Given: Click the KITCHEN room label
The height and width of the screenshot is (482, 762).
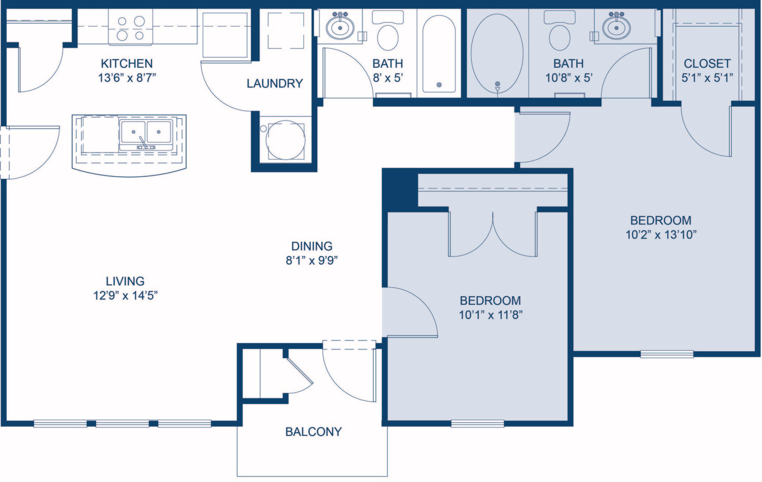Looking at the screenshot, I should point(127,64).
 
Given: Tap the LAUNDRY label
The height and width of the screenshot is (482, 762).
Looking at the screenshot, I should point(275,83).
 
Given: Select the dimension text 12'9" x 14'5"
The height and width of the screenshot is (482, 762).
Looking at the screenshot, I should point(125,296).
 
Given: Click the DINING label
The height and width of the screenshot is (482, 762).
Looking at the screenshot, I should point(312,246).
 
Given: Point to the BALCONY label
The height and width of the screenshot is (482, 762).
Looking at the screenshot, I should point(313,432).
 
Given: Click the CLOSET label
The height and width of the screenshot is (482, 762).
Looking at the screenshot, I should point(707,64).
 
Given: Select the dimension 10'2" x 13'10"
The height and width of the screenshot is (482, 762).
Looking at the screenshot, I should point(661,235).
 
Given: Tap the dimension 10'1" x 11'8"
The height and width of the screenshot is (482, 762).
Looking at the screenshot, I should point(491,315).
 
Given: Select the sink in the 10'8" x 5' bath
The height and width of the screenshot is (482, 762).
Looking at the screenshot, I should point(616,26).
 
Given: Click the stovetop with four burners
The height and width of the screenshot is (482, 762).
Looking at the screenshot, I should point(131,28).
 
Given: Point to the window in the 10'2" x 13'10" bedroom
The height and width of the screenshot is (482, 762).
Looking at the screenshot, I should point(667,354).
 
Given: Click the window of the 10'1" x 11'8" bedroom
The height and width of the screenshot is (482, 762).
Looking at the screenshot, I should point(477,423).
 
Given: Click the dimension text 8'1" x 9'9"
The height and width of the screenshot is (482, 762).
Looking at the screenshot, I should point(312,261).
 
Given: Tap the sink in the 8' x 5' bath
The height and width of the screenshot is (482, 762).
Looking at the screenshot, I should point(340,26).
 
